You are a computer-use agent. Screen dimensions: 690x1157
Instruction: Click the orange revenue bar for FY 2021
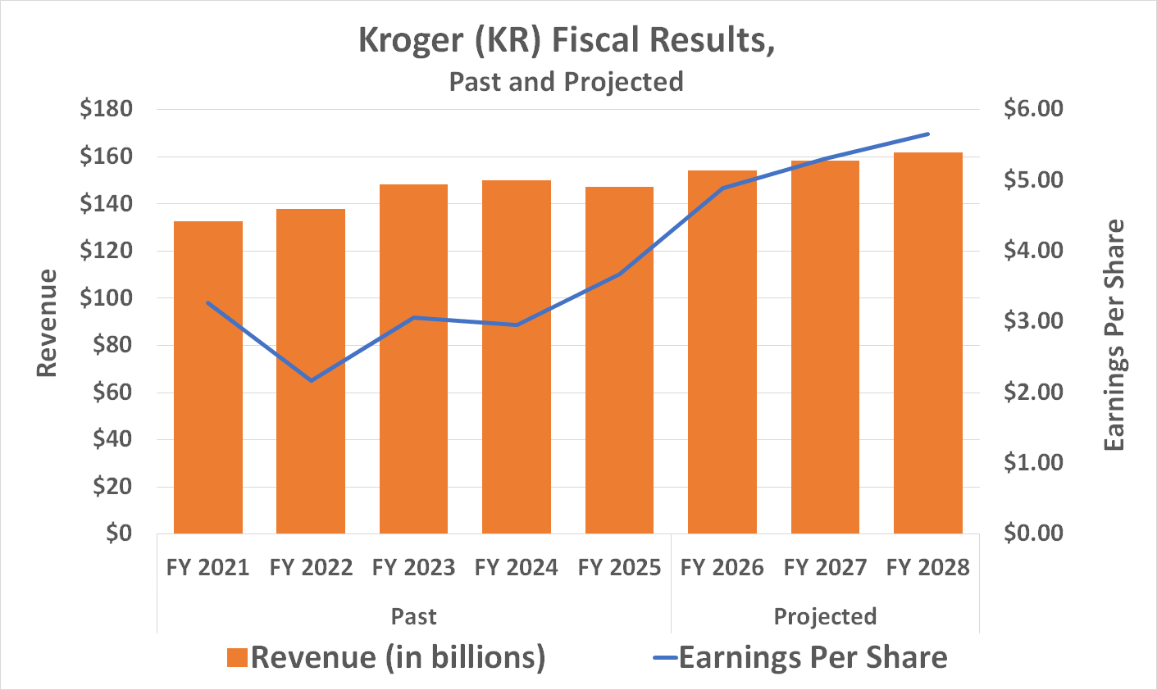pyautogui.click(x=208, y=377)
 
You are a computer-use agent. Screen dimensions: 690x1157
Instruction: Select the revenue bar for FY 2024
pyautogui.click(x=517, y=356)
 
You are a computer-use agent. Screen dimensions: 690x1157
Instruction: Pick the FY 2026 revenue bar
pyautogui.click(x=722, y=352)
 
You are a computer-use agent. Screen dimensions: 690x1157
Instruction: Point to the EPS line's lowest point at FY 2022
pyautogui.click(x=311, y=380)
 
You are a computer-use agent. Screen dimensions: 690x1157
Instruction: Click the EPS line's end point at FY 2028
pyautogui.click(x=927, y=134)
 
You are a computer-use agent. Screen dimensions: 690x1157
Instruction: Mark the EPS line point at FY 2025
pyautogui.click(x=620, y=274)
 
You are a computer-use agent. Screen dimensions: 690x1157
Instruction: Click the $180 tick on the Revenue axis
pyautogui.click(x=106, y=109)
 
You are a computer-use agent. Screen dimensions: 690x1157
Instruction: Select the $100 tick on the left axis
pyautogui.click(x=106, y=297)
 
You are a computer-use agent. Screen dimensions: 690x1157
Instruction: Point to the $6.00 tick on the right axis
pyautogui.click(x=1032, y=109)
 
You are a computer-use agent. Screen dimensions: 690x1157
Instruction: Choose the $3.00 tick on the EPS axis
pyautogui.click(x=1032, y=321)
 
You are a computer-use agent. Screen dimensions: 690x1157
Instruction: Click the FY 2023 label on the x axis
pyautogui.click(x=413, y=567)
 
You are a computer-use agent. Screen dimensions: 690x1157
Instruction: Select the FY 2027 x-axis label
pyautogui.click(x=825, y=567)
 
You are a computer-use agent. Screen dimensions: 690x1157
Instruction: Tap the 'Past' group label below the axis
pyautogui.click(x=413, y=616)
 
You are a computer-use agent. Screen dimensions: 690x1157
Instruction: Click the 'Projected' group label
pyautogui.click(x=825, y=616)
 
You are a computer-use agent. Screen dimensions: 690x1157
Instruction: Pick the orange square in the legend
pyautogui.click(x=237, y=658)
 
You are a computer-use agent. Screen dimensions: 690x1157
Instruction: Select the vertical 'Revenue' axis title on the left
pyautogui.click(x=48, y=323)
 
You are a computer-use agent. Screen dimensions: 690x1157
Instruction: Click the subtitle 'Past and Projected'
pyautogui.click(x=566, y=82)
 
